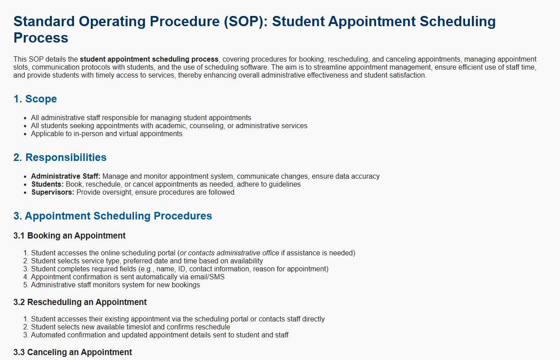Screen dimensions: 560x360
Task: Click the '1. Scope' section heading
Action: [x=35, y=99]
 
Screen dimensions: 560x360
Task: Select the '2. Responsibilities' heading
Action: [x=60, y=157]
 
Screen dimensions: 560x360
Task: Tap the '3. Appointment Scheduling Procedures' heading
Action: [x=113, y=216]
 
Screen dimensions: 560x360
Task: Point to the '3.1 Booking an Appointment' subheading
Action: [x=70, y=236]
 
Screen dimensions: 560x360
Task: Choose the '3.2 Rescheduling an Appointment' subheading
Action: [x=80, y=302]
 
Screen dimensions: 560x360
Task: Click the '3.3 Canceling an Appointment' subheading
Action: [x=73, y=352]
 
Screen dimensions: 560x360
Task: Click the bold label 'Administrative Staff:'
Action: [x=66, y=176]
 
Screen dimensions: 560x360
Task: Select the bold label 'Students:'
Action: [x=47, y=184]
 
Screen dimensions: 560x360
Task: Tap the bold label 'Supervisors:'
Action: [x=53, y=192]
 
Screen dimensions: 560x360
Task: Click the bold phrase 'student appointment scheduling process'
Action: [x=149, y=59]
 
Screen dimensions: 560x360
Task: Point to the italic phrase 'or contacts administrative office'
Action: [x=230, y=253]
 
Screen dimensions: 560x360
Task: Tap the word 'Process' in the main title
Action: [x=41, y=38]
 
